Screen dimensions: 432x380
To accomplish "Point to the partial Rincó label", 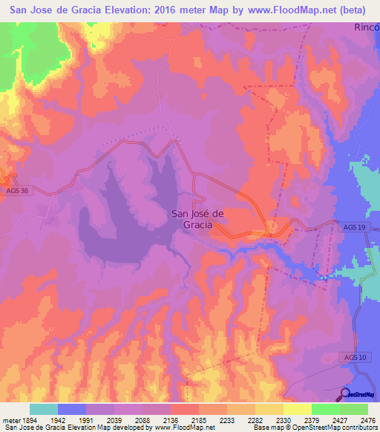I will point(367,27).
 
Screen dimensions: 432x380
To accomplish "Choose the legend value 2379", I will point(313,419).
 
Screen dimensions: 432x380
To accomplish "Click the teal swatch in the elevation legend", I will point(44,409).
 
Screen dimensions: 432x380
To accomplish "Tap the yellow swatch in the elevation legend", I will point(298,409).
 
